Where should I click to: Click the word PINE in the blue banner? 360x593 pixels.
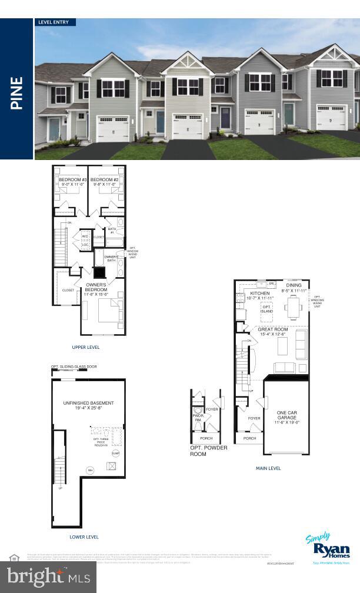pos(16,92)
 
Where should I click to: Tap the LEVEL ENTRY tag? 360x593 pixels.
pos(54,22)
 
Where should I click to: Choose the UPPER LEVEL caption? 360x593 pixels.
pos(85,347)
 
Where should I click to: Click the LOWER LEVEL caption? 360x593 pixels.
pos(84,537)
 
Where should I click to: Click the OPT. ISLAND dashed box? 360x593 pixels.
pos(267,310)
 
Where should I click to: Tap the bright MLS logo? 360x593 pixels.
pos(48,577)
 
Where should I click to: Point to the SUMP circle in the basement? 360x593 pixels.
pos(115,453)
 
